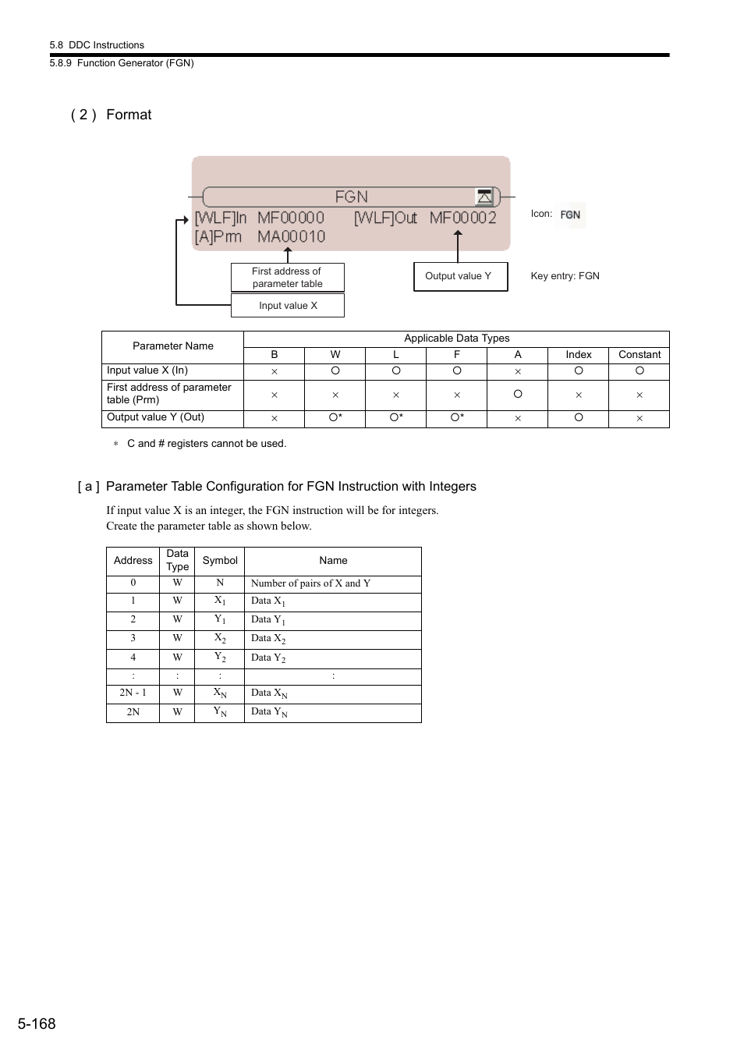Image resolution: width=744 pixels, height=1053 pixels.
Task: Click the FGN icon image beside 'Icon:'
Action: [571, 214]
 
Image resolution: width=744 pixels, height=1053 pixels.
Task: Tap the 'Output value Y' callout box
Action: [459, 276]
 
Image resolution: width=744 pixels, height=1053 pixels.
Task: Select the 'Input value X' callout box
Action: [288, 306]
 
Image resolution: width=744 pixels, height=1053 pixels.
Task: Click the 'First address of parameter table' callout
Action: [287, 278]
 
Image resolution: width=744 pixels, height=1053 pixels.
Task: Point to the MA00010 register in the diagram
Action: [291, 236]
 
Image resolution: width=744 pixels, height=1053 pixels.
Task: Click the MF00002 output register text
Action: [462, 218]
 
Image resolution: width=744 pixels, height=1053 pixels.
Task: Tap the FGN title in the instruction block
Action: [351, 197]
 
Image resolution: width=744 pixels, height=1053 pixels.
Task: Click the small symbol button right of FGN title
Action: [484, 196]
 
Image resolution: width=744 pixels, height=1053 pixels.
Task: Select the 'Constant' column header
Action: [639, 355]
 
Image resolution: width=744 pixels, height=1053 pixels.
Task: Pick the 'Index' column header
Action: [578, 355]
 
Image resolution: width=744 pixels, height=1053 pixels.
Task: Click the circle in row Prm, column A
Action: [518, 395]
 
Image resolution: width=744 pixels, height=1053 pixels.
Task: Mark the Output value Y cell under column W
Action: [335, 418]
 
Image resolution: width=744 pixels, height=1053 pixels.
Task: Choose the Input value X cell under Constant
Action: [639, 371]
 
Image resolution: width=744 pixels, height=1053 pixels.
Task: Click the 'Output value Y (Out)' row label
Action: [156, 417]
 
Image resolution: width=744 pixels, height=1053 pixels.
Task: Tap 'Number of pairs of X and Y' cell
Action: [310, 583]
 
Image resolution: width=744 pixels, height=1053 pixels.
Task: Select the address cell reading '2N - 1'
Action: [133, 693]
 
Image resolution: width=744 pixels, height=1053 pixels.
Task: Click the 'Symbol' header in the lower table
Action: [220, 561]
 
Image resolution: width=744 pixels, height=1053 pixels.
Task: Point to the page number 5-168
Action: [37, 1024]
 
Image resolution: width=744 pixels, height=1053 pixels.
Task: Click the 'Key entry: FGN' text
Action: [565, 276]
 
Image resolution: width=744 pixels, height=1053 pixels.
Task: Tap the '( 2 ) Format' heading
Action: [112, 115]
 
